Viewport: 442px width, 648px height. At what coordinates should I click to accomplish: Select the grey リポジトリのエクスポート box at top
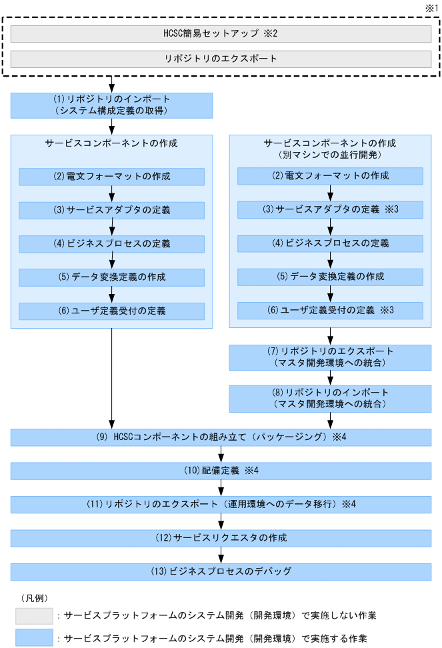point(221,59)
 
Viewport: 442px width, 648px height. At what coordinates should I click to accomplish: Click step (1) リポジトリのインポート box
point(111,105)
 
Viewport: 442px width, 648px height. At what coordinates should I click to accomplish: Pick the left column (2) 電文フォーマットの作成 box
point(111,177)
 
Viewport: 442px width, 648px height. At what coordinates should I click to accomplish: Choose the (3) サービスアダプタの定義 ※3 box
point(330,210)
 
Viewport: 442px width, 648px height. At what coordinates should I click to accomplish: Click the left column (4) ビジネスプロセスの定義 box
point(111,243)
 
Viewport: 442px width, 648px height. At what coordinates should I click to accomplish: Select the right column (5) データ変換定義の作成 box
point(330,277)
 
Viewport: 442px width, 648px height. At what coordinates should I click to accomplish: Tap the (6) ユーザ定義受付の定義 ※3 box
point(330,311)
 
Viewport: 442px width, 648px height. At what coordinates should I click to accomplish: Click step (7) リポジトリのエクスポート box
point(330,357)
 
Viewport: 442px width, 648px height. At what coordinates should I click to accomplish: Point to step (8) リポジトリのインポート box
point(330,398)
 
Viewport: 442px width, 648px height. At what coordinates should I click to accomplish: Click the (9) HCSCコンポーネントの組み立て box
point(221,437)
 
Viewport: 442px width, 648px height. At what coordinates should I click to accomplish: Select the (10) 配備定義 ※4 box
point(221,471)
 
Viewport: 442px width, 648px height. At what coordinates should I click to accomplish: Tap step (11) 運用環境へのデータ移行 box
point(221,504)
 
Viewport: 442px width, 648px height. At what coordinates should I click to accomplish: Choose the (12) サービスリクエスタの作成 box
point(221,537)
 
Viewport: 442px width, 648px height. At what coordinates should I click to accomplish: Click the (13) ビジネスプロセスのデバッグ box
point(221,571)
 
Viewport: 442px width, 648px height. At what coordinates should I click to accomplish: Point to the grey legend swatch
point(35,614)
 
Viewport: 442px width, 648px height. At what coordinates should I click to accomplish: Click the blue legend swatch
point(35,637)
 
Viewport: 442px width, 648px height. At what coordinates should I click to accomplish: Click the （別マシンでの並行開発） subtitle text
point(329,154)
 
